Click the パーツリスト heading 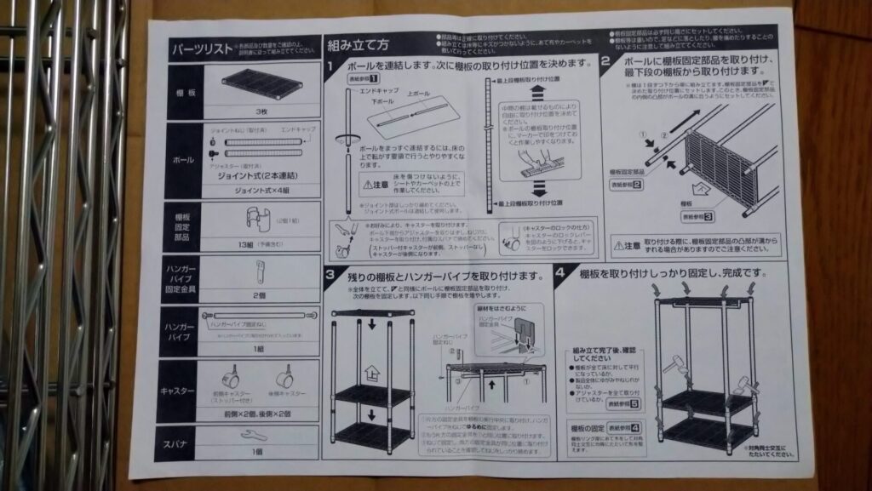(x=203, y=48)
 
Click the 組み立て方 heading (x=358, y=45)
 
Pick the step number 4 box (x=560, y=274)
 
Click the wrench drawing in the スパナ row (x=253, y=436)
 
